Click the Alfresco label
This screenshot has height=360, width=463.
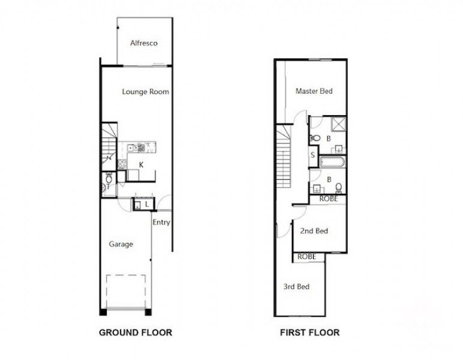click(x=145, y=43)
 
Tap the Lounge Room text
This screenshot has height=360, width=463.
click(x=145, y=92)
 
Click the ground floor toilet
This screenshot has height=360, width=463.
click(x=107, y=178)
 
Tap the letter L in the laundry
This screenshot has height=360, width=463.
click(x=146, y=205)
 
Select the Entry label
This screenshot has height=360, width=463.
click(x=161, y=222)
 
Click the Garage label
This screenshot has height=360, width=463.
click(x=121, y=244)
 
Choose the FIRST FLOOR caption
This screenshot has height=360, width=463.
click(x=309, y=332)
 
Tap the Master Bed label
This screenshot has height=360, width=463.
click(x=314, y=91)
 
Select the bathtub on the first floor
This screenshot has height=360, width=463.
click(x=331, y=162)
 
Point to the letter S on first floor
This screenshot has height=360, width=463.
click(x=313, y=155)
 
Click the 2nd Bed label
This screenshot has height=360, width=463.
click(x=314, y=230)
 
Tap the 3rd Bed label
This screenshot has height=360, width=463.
click(x=296, y=287)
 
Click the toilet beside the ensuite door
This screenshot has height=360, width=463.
click(x=315, y=138)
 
